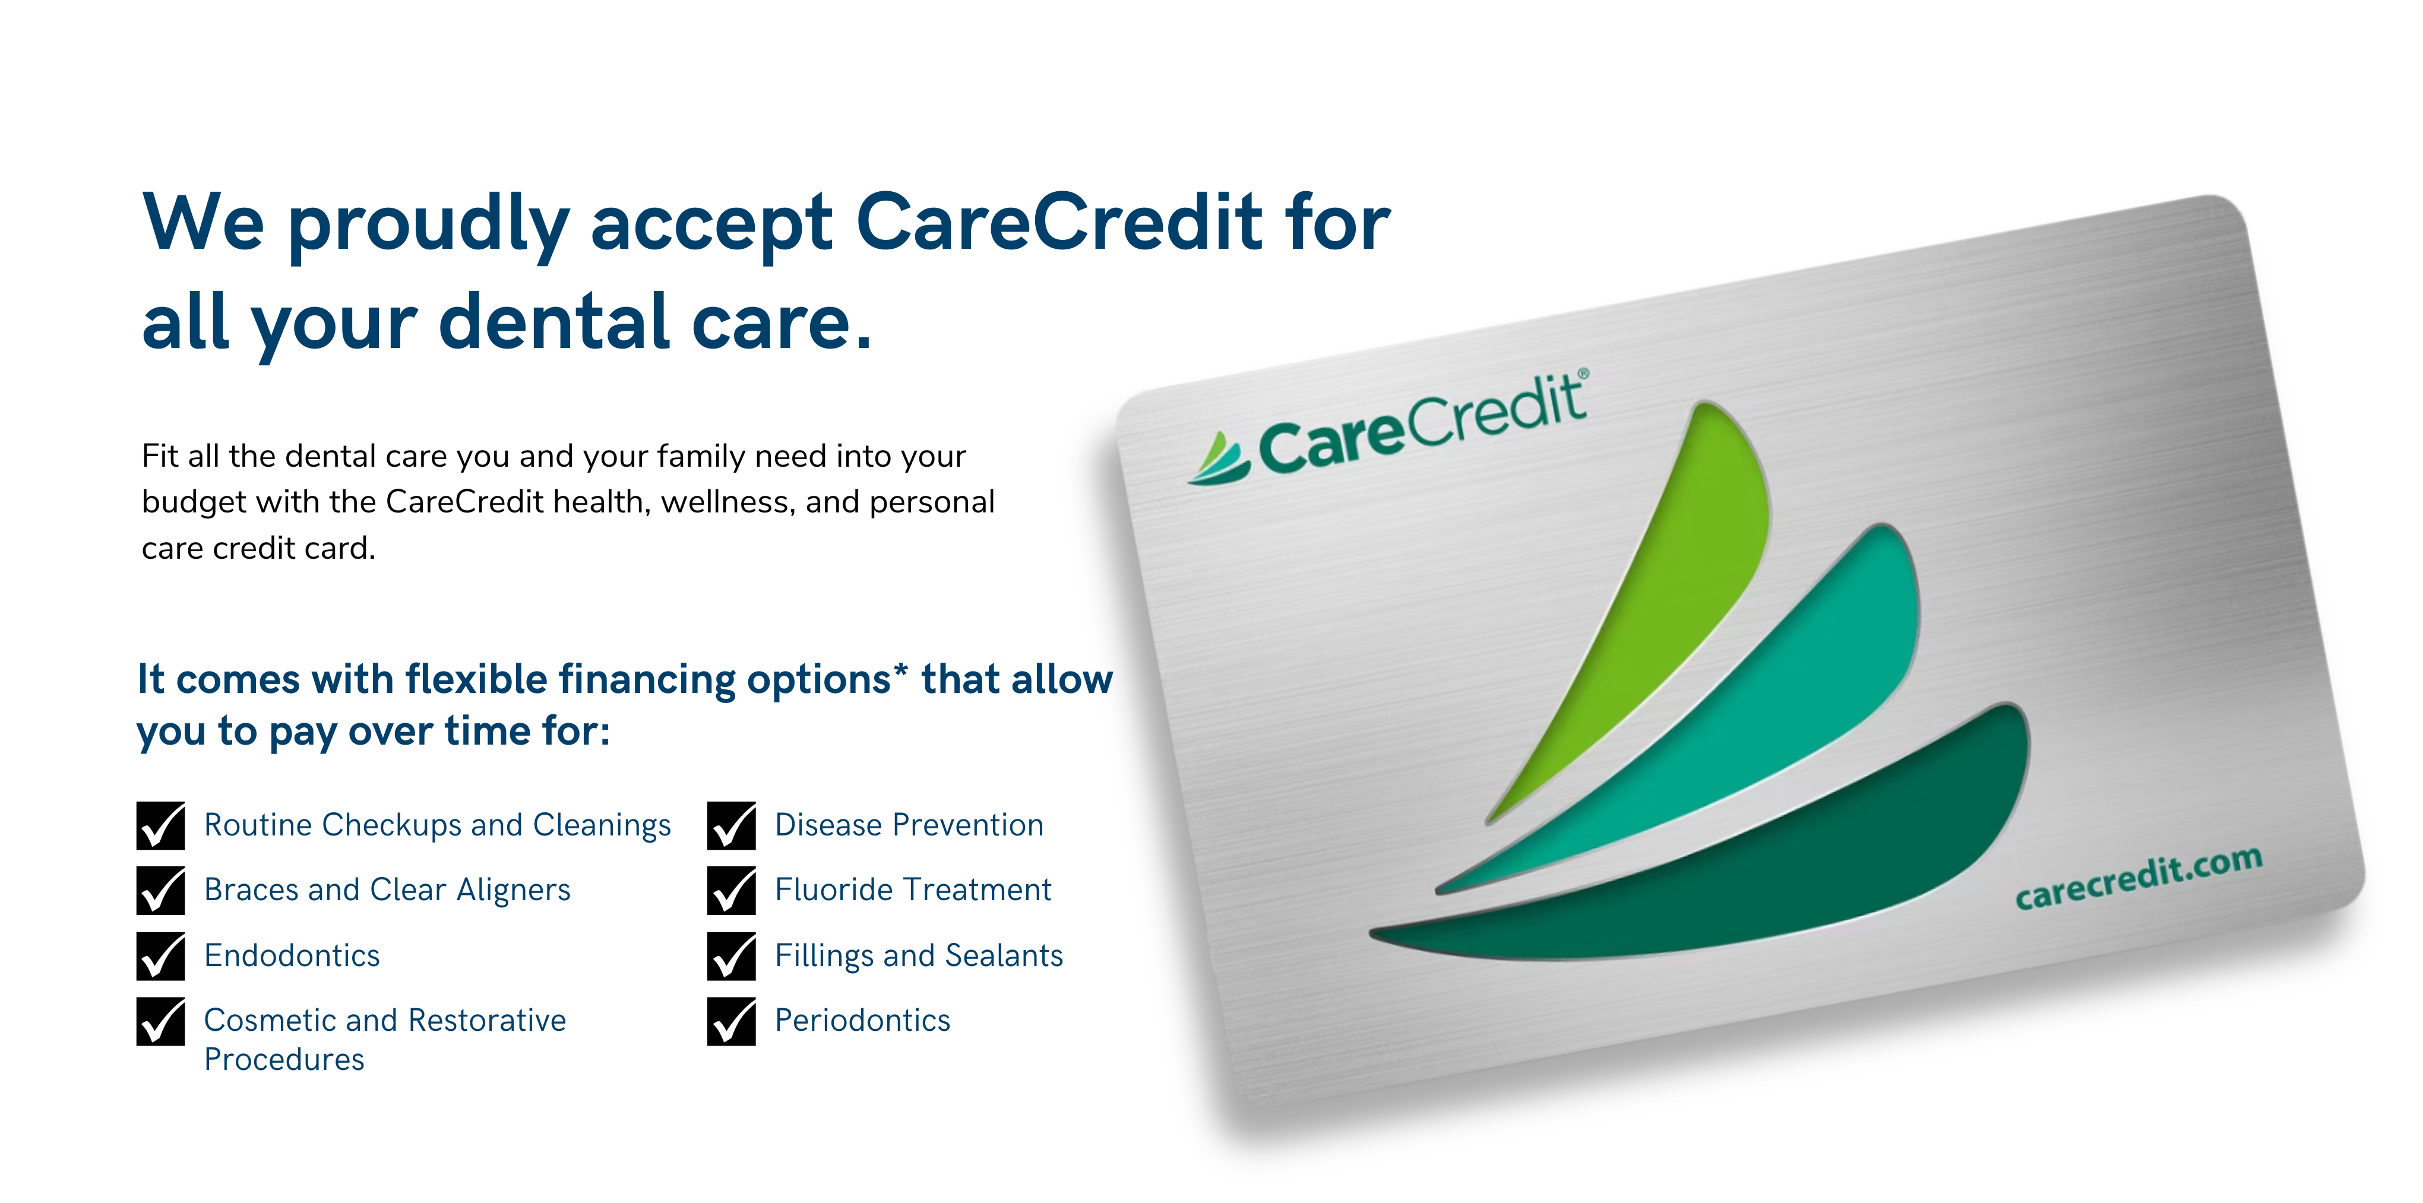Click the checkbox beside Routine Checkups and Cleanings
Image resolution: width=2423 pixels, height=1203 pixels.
(161, 826)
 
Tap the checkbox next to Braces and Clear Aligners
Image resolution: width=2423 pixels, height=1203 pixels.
(161, 891)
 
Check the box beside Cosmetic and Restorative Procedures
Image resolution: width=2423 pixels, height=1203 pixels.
(161, 1021)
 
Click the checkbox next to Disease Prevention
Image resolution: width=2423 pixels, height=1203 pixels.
(732, 826)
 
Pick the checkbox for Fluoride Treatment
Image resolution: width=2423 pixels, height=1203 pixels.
(732, 891)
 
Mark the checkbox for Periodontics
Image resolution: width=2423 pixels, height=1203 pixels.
(732, 1021)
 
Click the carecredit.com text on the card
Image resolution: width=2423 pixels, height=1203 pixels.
(2138, 878)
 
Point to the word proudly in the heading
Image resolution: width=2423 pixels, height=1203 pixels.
(429, 227)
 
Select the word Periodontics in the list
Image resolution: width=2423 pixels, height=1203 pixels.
(862, 1021)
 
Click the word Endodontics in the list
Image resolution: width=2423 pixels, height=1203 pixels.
(292, 955)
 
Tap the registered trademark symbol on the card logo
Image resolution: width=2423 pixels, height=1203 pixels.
(1583, 374)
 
